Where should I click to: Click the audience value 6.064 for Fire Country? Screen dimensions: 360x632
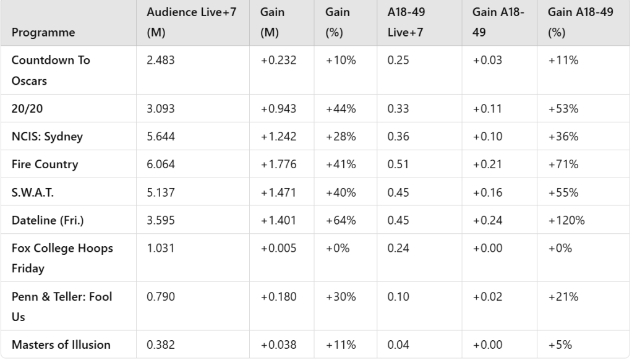pyautogui.click(x=161, y=165)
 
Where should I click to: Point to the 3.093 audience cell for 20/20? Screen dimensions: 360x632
pyautogui.click(x=161, y=109)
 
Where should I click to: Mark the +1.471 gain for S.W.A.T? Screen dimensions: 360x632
pyautogui.click(x=278, y=192)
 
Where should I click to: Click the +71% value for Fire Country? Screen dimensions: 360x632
pyautogui.click(x=561, y=165)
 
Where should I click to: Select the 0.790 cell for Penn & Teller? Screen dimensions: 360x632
pyautogui.click(x=161, y=297)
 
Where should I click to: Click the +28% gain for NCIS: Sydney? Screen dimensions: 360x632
pyautogui.click(x=341, y=137)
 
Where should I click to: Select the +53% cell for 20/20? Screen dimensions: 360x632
pyautogui.click(x=561, y=109)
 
